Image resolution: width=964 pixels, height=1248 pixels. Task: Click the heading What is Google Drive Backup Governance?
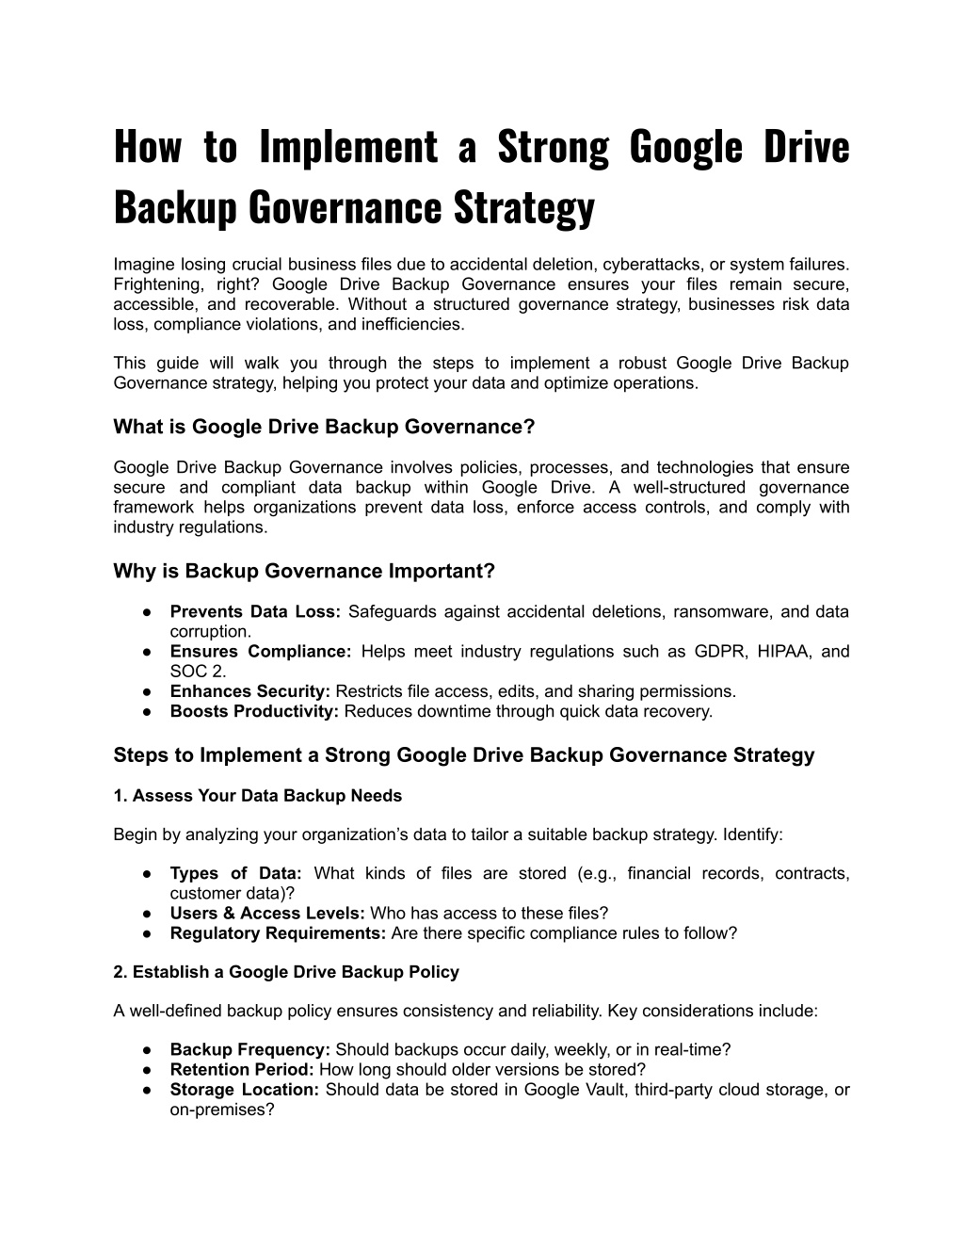click(x=324, y=427)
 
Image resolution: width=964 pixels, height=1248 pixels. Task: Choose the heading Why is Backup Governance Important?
click(x=304, y=571)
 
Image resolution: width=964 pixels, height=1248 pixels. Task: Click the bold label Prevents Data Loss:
click(x=255, y=611)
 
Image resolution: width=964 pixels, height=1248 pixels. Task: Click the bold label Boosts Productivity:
click(x=254, y=711)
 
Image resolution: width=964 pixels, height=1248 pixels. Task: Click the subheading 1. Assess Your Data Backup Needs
click(x=257, y=796)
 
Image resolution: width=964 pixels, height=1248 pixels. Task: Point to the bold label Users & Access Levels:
click(x=268, y=913)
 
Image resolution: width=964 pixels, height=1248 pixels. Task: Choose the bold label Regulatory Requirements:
click(x=278, y=933)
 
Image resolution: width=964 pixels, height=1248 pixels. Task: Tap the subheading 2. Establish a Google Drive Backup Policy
click(x=286, y=972)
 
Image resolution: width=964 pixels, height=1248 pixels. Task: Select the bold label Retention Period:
click(x=242, y=1070)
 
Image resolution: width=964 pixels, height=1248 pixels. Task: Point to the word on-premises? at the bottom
click(x=222, y=1110)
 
